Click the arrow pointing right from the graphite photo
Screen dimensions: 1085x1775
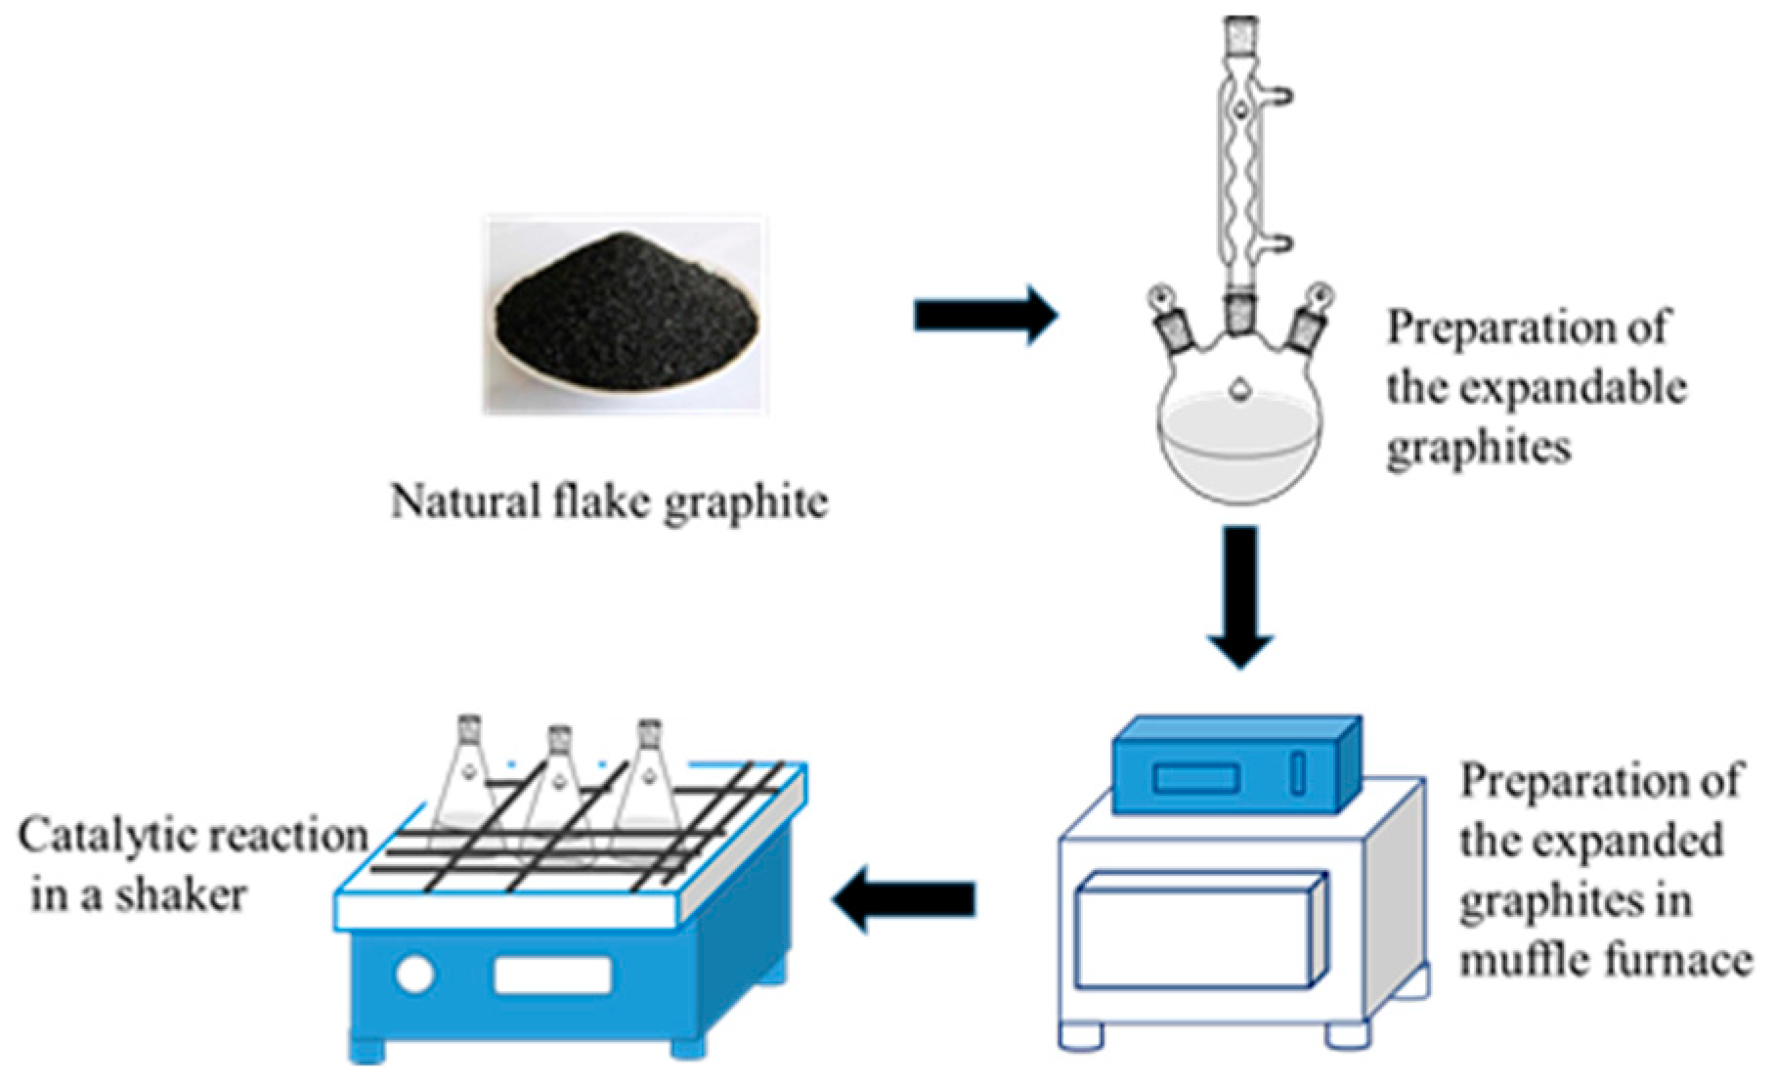984,316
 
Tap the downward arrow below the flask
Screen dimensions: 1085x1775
1240,596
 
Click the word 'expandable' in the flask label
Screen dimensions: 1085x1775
1575,389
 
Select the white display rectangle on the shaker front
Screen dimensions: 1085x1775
552,975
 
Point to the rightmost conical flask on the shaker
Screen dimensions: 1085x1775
651,782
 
